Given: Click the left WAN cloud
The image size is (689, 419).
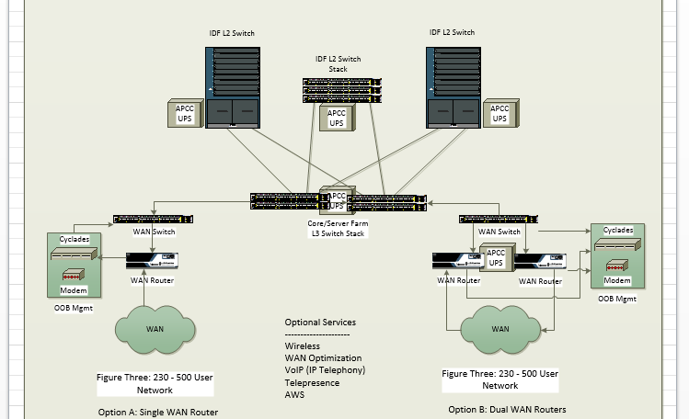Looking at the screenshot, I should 155,328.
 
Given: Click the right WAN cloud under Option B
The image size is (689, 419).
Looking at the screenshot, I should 500,328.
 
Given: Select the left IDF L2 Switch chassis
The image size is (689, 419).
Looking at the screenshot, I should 232,87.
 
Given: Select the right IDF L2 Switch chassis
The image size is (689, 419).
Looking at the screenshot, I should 453,87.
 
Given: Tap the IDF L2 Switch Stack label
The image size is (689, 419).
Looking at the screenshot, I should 338,63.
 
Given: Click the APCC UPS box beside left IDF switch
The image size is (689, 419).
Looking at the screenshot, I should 185,114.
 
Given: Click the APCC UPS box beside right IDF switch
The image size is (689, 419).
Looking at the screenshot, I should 500,113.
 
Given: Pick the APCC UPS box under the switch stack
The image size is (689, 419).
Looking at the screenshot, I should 337,118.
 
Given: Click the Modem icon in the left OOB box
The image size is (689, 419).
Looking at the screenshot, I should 74,275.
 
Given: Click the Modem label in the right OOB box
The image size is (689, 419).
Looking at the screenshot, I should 617,280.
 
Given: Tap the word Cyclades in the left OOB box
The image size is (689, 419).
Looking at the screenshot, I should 74,239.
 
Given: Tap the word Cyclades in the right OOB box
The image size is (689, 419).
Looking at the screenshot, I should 617,231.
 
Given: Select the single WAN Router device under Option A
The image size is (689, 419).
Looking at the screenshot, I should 152,260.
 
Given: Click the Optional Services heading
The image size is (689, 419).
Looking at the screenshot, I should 320,323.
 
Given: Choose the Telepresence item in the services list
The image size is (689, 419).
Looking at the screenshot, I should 312,382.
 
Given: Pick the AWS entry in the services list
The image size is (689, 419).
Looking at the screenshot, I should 294,394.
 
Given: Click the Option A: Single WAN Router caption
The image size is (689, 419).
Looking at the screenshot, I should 158,412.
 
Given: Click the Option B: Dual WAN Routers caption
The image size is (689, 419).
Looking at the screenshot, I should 507,409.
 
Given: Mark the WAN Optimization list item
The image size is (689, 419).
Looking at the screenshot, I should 323,358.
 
